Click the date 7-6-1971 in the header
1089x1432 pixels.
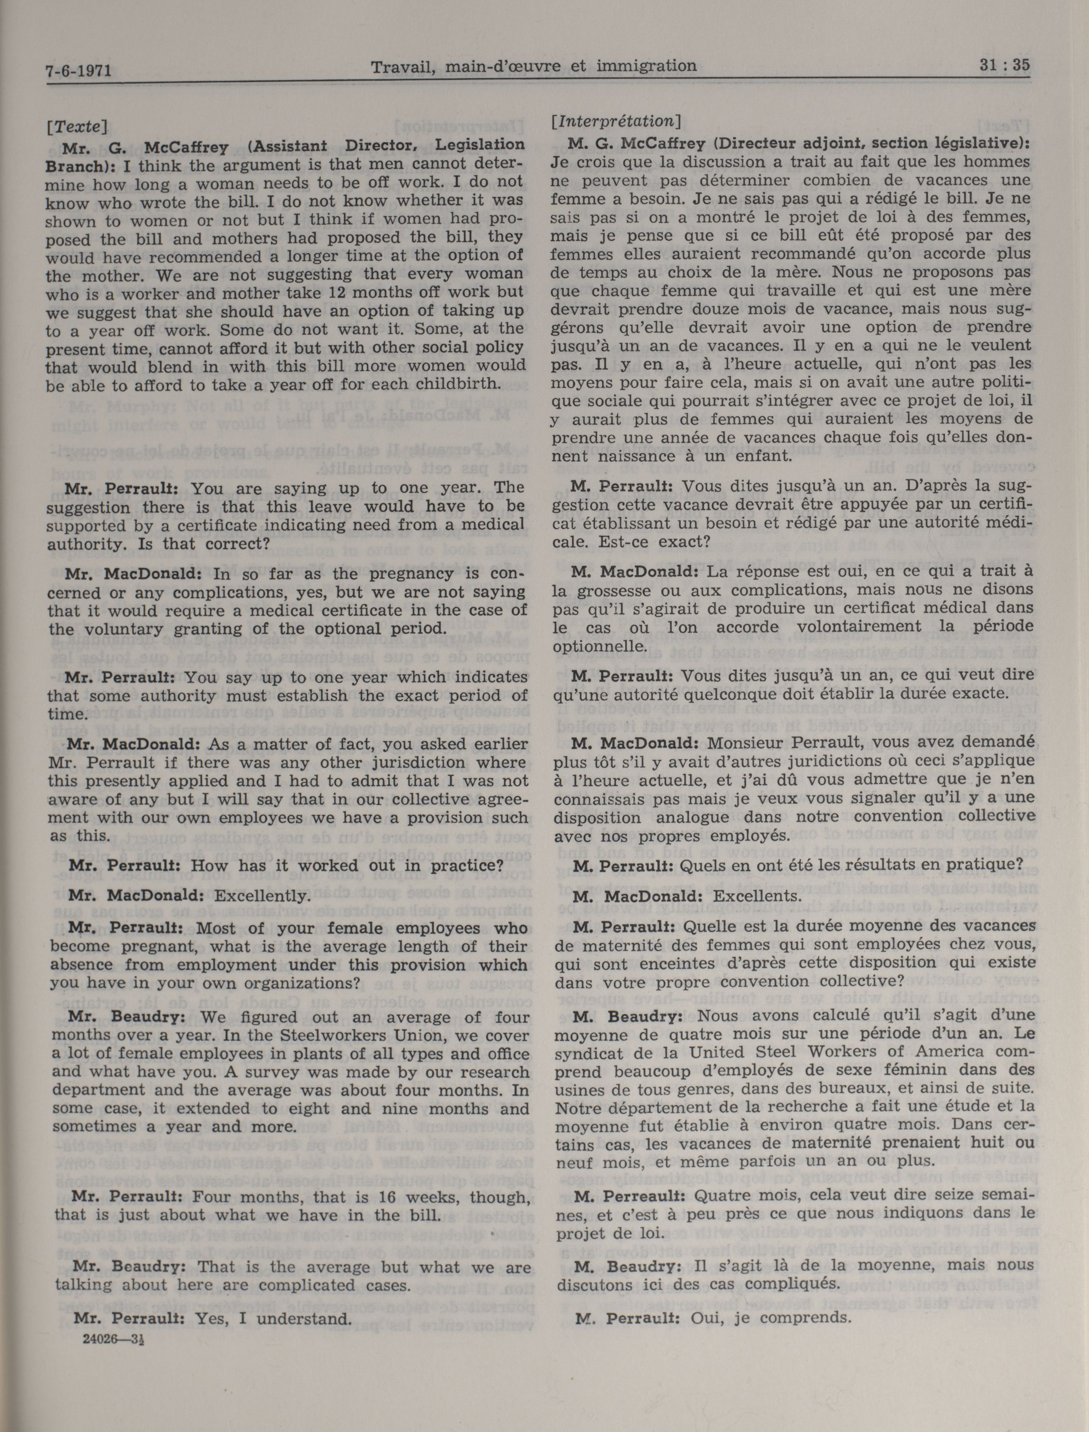tap(78, 70)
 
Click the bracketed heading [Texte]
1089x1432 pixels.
tap(77, 126)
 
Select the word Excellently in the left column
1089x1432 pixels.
tap(262, 896)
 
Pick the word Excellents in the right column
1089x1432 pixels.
tap(757, 896)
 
